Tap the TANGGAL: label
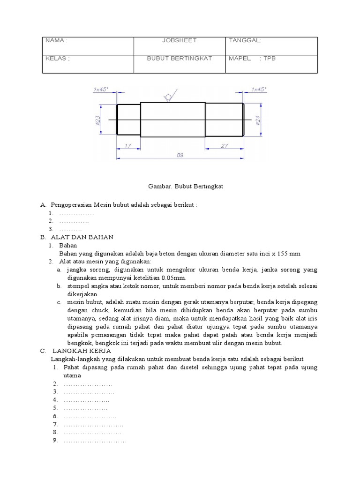coord(245,41)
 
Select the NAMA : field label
coord(56,41)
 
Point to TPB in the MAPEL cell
coord(270,59)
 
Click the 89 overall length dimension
coord(180,156)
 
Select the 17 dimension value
coord(128,146)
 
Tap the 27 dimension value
coord(224,146)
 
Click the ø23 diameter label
coord(97,121)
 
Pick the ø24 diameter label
coord(257,121)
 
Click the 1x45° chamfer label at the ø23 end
coord(101,89)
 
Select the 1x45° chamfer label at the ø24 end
coord(259,89)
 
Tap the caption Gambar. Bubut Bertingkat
coord(180,187)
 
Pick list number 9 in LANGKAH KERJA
coord(55,440)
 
